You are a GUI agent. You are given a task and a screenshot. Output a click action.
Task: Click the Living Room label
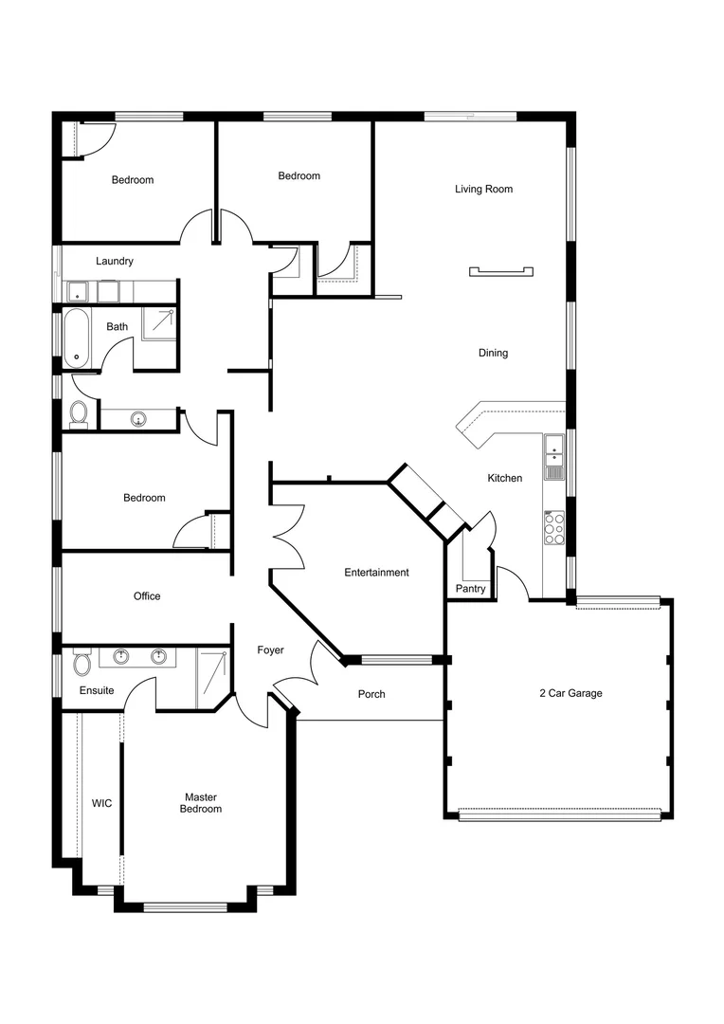tap(483, 190)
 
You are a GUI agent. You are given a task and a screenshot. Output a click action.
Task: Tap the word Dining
tap(493, 354)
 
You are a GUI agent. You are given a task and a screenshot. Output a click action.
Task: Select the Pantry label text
tap(470, 589)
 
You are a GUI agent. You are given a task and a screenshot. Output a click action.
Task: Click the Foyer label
tap(271, 650)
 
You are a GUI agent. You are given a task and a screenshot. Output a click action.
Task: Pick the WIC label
tap(101, 803)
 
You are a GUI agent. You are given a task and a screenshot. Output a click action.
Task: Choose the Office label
tap(147, 596)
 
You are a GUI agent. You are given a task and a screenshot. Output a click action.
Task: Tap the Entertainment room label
tap(376, 573)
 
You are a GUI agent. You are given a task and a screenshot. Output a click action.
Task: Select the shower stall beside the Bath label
tap(159, 322)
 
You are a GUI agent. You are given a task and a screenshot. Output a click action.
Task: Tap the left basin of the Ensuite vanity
tap(121, 656)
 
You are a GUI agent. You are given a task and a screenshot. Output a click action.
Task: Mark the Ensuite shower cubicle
tap(212, 677)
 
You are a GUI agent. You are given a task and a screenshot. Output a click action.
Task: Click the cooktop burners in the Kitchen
tap(553, 528)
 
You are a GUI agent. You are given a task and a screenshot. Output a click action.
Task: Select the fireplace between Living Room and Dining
tap(502, 272)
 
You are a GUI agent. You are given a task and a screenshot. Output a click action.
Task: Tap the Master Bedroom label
tap(202, 803)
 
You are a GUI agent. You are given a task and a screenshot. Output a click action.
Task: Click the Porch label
tap(371, 695)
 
